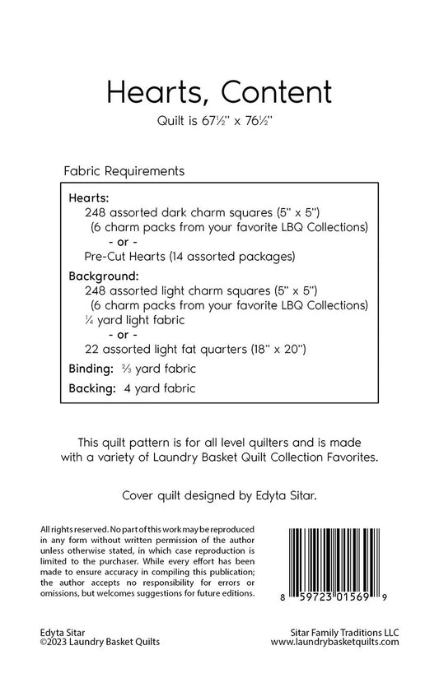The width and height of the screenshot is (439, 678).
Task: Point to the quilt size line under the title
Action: [x=218, y=122]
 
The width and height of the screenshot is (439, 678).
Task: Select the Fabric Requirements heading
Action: [x=123, y=172]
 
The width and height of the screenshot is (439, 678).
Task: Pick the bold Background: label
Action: [x=103, y=276]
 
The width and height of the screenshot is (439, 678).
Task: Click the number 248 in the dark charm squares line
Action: [x=96, y=211]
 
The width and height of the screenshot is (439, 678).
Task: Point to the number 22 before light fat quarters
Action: [x=91, y=350]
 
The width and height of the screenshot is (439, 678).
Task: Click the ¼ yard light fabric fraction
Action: [x=88, y=320]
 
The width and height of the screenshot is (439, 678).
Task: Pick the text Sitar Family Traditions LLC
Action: [x=338, y=631]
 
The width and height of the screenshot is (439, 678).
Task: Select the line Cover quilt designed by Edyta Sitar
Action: [x=218, y=496]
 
